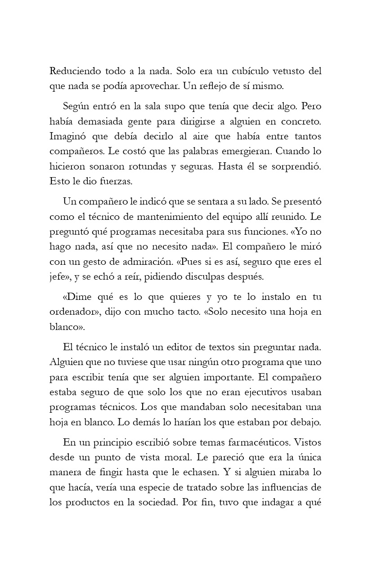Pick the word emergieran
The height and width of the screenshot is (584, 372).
tap(236, 150)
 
